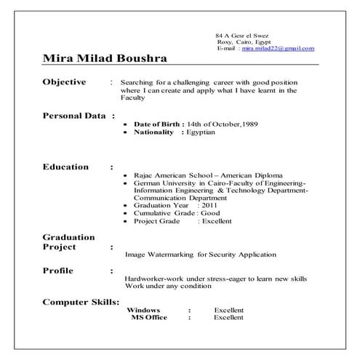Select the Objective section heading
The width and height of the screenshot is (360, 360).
(x=64, y=82)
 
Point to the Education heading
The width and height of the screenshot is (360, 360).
(x=65, y=167)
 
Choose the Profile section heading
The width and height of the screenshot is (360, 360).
(x=57, y=271)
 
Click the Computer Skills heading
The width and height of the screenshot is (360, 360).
(x=81, y=300)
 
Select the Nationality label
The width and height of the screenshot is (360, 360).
(x=154, y=132)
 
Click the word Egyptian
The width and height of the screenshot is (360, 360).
(x=200, y=132)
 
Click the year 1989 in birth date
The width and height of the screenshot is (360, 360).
(x=249, y=125)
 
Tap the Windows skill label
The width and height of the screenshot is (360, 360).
(x=143, y=310)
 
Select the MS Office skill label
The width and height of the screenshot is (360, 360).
(x=149, y=317)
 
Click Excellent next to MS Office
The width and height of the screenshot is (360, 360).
(x=228, y=317)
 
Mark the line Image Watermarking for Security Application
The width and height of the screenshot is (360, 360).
(x=200, y=255)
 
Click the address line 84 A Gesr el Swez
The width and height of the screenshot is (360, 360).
(x=241, y=36)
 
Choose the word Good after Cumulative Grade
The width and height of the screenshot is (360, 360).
(x=210, y=213)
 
